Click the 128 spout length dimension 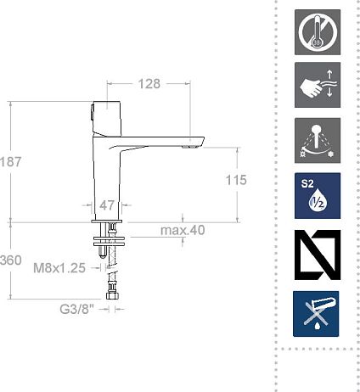[149, 84]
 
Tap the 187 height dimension [10, 162]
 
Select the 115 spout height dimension [236, 180]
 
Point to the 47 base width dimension [107, 205]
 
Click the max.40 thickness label [183, 230]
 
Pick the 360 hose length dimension [10, 260]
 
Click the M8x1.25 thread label [59, 268]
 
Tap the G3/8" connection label [76, 309]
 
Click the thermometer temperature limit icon [318, 32]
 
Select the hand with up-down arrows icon [318, 85]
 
